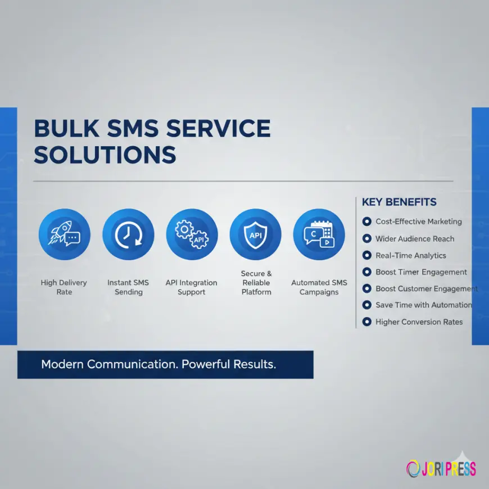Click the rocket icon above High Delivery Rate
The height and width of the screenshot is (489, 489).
[64, 234]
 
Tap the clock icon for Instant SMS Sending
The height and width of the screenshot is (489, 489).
[128, 234]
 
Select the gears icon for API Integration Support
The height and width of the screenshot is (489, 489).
[192, 234]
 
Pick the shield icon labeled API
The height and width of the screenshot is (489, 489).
[256, 234]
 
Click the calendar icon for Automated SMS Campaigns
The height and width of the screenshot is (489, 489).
[319, 234]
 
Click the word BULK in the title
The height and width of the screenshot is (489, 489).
[66, 129]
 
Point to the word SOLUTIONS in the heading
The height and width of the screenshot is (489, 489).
[105, 155]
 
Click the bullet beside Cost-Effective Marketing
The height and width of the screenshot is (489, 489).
[367, 221]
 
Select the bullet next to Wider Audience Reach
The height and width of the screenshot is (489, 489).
[367, 238]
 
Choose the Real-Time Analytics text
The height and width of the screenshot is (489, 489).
[411, 255]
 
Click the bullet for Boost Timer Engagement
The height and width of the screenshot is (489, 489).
[367, 272]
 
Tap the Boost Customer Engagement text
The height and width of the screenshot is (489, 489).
[427, 288]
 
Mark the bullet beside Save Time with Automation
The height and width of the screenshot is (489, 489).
[367, 305]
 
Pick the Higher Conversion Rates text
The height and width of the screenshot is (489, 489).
[419, 322]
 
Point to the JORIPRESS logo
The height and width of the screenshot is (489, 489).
[441, 468]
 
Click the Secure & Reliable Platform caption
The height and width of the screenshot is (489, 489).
[256, 283]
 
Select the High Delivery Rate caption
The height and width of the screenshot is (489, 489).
[64, 287]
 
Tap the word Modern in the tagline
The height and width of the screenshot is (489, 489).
[62, 364]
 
